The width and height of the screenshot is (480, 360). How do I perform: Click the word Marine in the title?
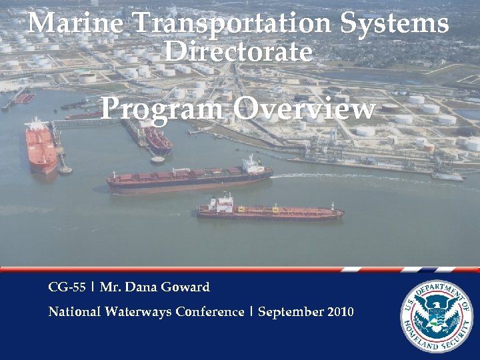(75, 24)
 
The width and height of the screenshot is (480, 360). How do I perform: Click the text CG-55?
(67, 287)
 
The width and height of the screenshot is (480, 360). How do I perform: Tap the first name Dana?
(136, 287)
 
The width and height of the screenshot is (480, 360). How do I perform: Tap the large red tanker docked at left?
(41, 147)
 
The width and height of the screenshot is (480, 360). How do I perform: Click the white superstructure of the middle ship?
(252, 165)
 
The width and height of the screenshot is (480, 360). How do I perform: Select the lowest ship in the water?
(270, 212)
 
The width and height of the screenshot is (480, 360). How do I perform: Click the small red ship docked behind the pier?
(159, 139)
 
